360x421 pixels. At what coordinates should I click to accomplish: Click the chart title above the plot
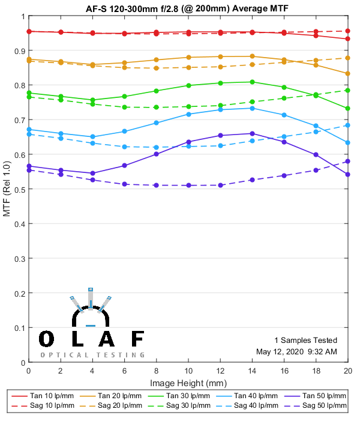(188, 7)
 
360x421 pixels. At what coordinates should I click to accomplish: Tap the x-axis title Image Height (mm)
(188, 383)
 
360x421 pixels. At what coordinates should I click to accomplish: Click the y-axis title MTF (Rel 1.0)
(7, 189)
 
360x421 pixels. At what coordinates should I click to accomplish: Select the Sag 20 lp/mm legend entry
(110, 407)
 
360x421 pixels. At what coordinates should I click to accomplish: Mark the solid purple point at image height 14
(252, 133)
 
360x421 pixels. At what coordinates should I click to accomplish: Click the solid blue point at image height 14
(252, 108)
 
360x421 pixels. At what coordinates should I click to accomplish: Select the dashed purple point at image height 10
(188, 185)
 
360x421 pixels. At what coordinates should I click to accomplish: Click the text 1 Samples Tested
(305, 340)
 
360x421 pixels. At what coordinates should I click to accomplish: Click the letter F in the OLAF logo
(137, 339)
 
